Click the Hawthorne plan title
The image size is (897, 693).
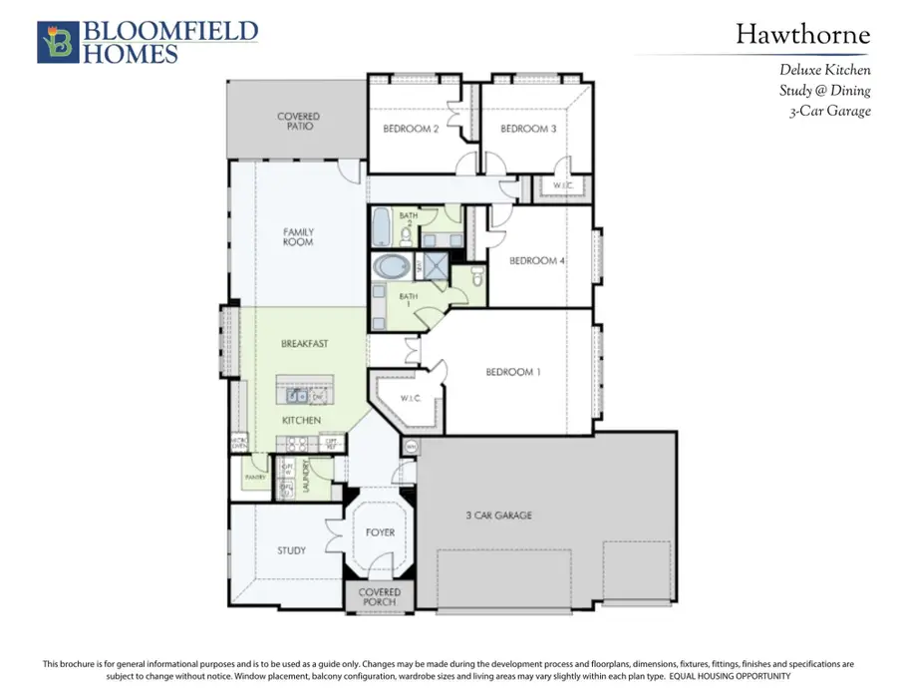click(802, 36)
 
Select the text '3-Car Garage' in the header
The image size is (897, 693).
click(830, 111)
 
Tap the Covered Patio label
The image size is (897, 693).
click(298, 122)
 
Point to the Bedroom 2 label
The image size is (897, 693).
click(411, 129)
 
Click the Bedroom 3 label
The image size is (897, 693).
click(528, 129)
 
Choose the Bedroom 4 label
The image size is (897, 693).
click(537, 261)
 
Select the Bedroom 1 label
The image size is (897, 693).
click(513, 372)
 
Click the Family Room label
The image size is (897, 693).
click(298, 237)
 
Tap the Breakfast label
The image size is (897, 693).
click(304, 344)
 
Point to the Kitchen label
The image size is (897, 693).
click(301, 421)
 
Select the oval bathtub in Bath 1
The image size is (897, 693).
click(392, 267)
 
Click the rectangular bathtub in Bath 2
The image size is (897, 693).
click(382, 226)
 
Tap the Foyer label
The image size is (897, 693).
click(380, 532)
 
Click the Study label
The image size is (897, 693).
click(292, 550)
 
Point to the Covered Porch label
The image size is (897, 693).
click(380, 597)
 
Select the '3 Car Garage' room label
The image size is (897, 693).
click(498, 516)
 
